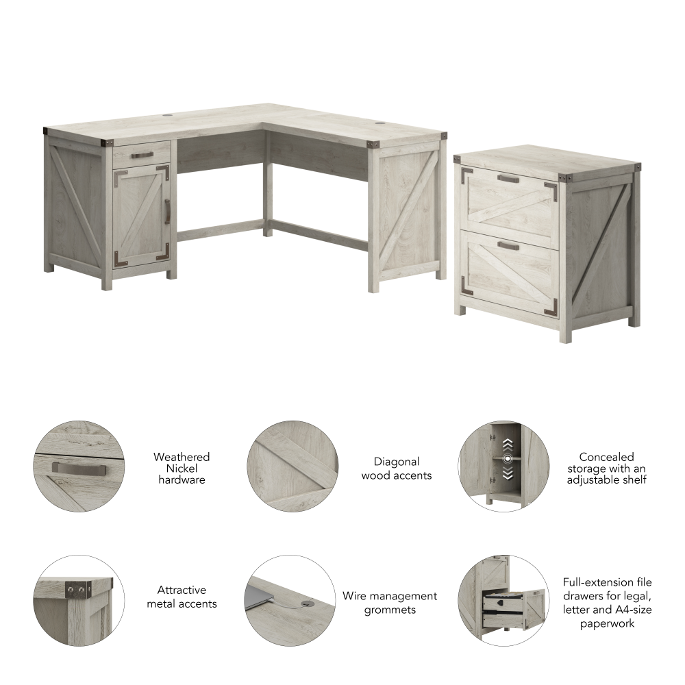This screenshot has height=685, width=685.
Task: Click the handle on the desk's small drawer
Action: pos(142,155)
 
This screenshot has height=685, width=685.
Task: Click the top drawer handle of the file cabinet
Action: pos(509,179)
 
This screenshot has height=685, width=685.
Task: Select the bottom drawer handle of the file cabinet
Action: pos(509,245)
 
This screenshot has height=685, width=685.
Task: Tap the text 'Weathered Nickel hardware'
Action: pos(182,468)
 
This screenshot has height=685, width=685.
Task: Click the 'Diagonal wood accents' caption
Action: pos(397,468)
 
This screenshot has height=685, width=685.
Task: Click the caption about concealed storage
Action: pos(606,468)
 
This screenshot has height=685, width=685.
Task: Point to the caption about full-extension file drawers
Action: pos(607,602)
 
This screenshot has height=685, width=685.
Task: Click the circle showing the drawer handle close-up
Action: pos(79,466)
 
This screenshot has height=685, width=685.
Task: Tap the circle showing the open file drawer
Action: pos(503,600)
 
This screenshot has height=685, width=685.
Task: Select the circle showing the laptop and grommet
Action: pos(290,600)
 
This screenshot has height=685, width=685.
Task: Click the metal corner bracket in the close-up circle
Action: pos(75,588)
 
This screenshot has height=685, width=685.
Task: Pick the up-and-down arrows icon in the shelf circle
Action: pos(508,458)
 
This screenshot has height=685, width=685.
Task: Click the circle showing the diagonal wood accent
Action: pos(292,466)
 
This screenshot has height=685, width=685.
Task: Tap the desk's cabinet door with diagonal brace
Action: pos(141,216)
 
